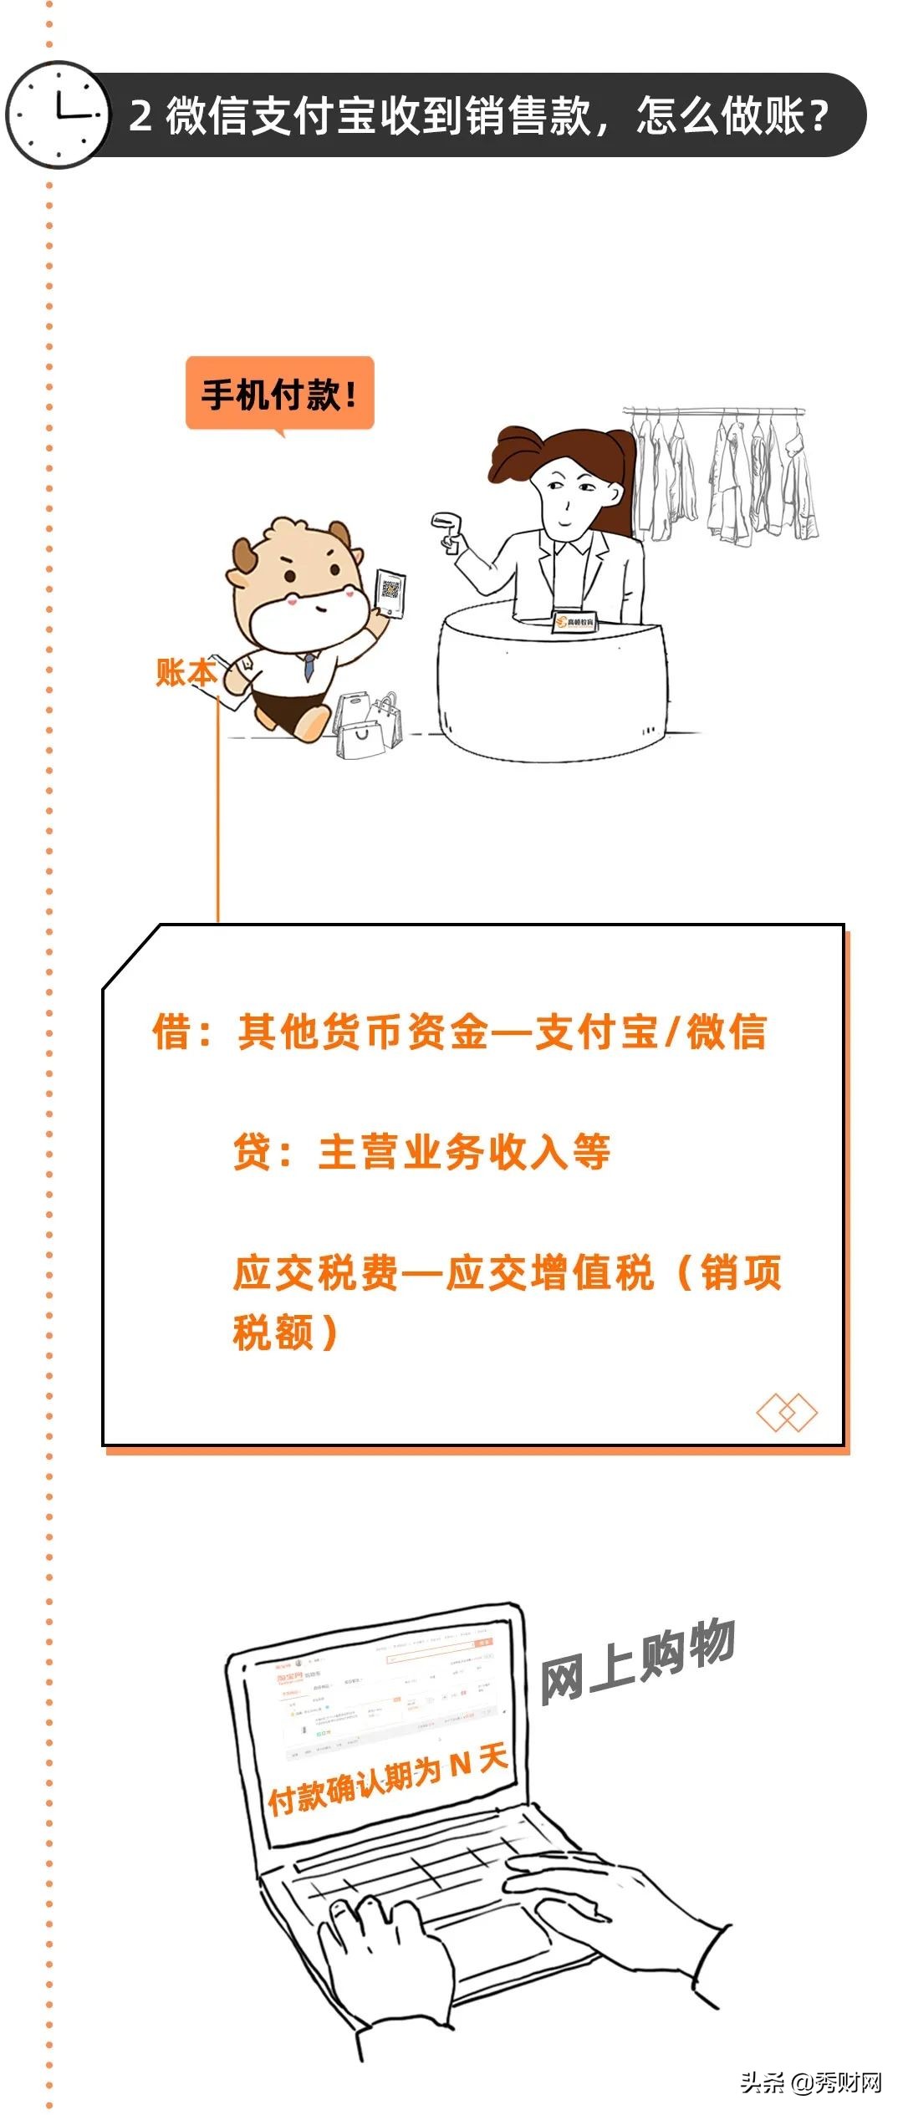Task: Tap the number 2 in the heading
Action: [x=140, y=115]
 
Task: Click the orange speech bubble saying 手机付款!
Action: [x=279, y=393]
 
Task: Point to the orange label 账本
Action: [x=186, y=672]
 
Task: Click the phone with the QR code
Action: [x=390, y=593]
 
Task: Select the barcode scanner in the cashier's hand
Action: [x=447, y=532]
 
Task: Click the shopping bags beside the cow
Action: [x=368, y=726]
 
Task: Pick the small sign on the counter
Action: [x=574, y=621]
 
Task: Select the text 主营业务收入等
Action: [x=464, y=1152]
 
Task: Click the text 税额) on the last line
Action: [x=285, y=1333]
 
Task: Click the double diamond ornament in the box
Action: [x=786, y=1413]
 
